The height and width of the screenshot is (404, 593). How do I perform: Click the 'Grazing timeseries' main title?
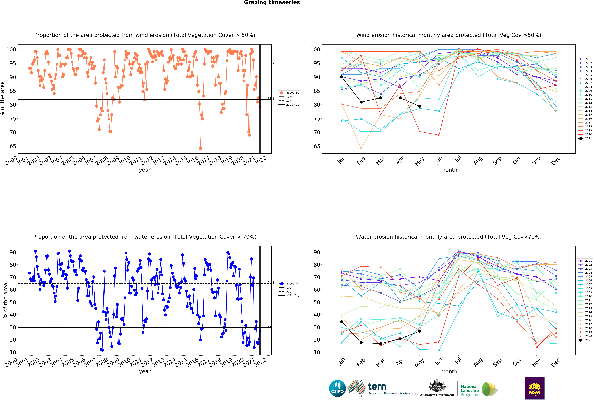[272, 3]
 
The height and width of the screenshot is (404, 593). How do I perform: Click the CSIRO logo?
[337, 388]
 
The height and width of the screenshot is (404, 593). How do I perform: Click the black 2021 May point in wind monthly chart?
[419, 106]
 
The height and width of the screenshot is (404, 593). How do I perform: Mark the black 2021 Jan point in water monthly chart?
[342, 322]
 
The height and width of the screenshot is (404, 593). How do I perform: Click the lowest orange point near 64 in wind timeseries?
[201, 148]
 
